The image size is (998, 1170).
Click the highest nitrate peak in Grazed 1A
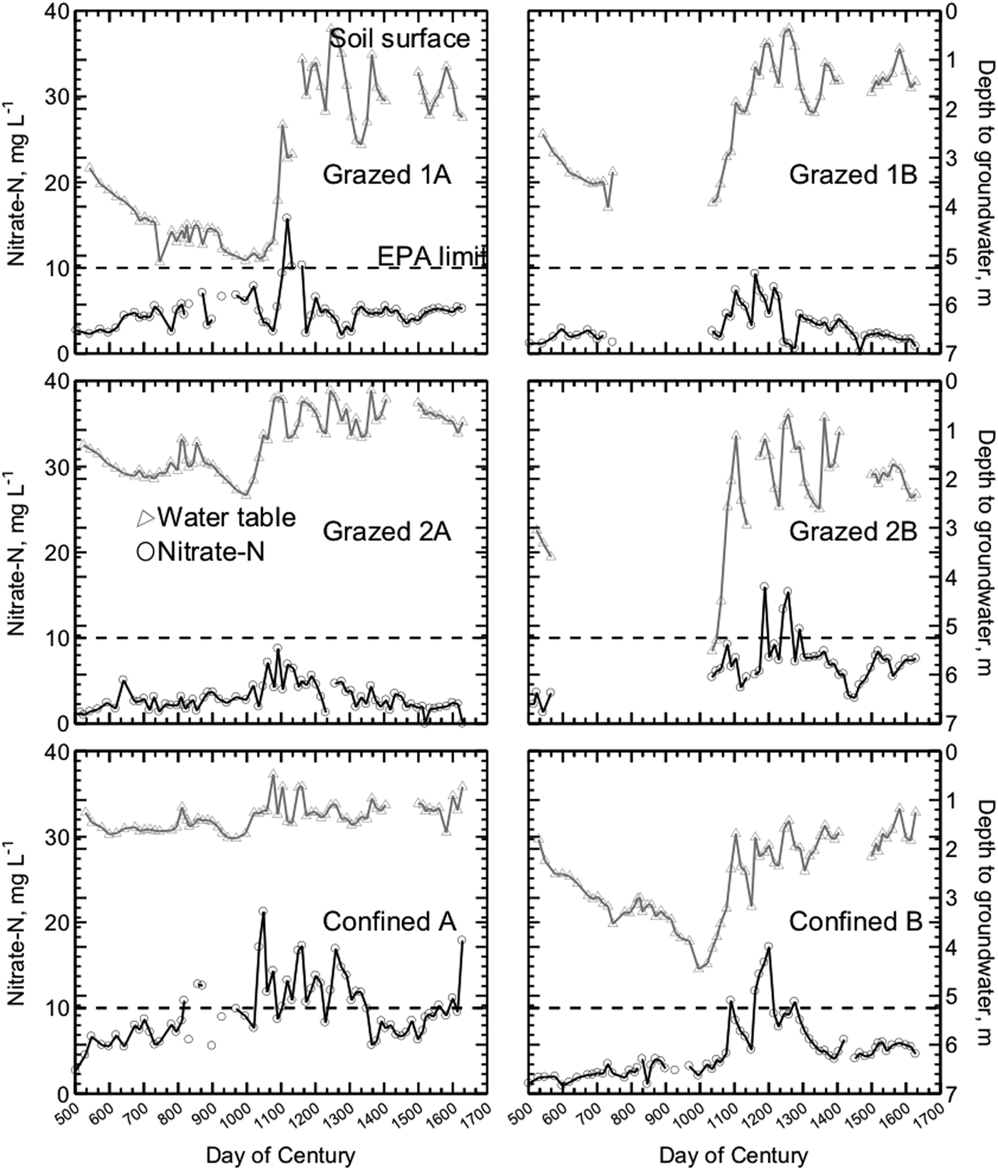(287, 218)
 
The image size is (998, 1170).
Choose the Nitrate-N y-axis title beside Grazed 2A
(19, 553)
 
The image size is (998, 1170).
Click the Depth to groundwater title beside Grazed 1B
(984, 183)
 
